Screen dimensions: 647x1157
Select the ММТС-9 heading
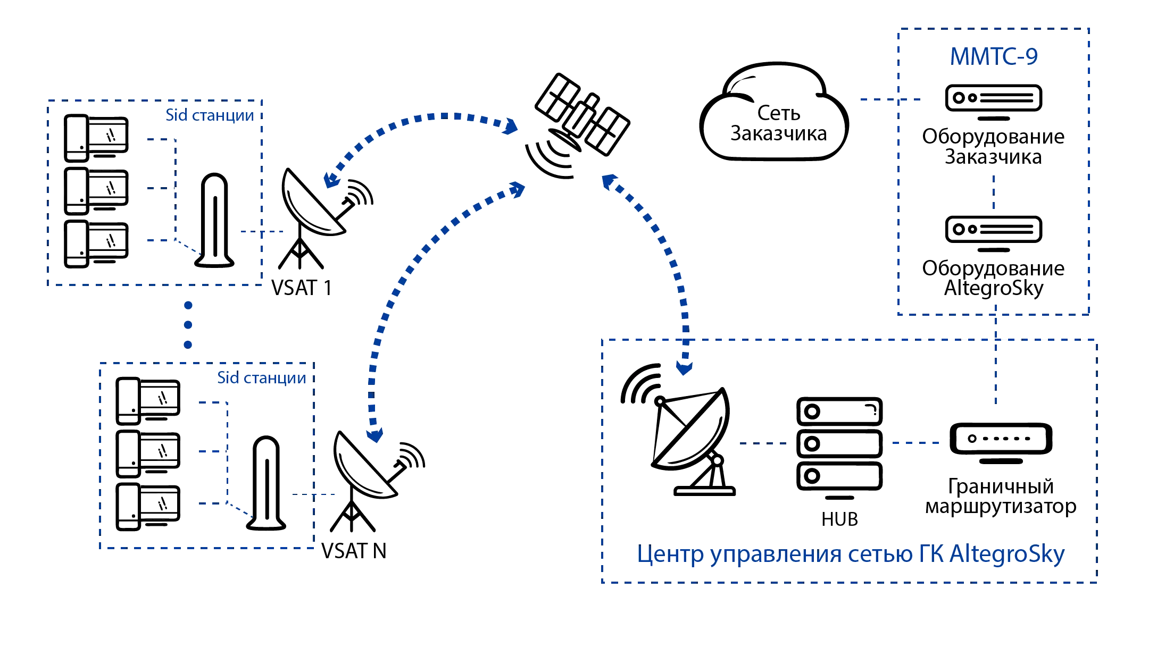pyautogui.click(x=994, y=56)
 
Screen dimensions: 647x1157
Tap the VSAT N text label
pyautogui.click(x=353, y=552)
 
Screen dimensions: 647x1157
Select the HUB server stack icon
pyautogui.click(x=839, y=444)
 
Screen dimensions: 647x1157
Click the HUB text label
pyautogui.click(x=839, y=519)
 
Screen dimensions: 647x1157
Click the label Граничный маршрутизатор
pyautogui.click(x=1000, y=497)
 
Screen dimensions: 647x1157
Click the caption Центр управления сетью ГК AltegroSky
pyautogui.click(x=851, y=555)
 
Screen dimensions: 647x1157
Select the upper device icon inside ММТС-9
pyautogui.click(x=993, y=98)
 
